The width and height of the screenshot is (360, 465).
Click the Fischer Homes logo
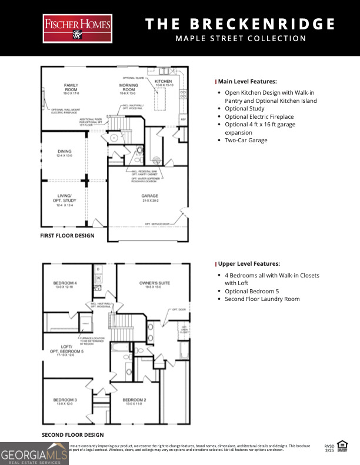pos(77,29)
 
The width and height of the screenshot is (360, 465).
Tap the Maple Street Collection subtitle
pos(241,39)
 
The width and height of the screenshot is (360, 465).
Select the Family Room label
pos(71,88)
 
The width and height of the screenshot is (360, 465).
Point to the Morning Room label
pos(128,88)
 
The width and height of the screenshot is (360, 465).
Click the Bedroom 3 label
pos(65,402)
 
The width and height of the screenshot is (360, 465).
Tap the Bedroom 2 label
pos(134,402)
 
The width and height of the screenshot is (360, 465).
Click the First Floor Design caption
pos(67,236)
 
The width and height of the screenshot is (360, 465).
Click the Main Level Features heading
pos(247,82)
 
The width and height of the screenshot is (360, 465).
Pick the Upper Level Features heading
pos(249,264)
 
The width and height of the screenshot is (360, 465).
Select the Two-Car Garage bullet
pos(246,140)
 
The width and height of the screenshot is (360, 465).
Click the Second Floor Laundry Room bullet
pos(262,299)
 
